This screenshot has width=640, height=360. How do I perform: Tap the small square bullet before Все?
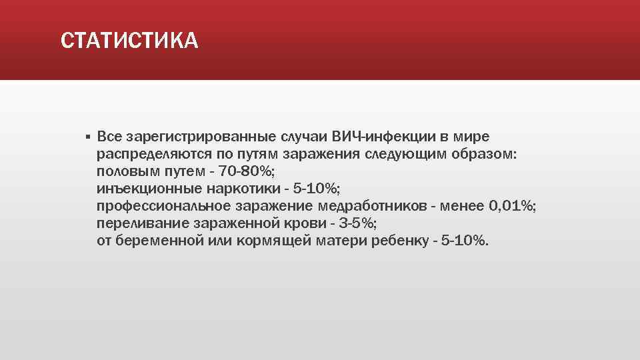(87, 137)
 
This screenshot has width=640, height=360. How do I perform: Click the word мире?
(471, 137)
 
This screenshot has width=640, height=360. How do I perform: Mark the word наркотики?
(234, 189)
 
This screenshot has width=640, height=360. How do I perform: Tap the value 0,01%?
(512, 206)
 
